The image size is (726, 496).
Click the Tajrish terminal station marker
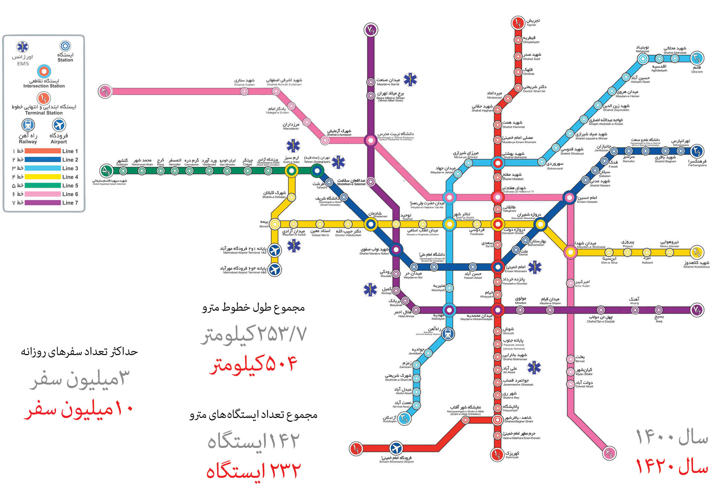pos(517,23)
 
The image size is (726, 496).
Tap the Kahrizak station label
pos(512,455)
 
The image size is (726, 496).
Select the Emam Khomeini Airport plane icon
pos(396,448)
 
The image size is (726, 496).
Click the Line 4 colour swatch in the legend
pos(43,177)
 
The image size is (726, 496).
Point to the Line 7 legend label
pos(70,203)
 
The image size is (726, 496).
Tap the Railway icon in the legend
pos(28,125)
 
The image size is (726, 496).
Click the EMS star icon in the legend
pos(23,46)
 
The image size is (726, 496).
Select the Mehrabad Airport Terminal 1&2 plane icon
pos(275,250)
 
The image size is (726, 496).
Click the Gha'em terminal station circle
pos(697,58)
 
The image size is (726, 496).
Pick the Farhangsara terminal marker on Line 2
pos(697,151)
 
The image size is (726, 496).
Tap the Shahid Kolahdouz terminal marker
pos(697,252)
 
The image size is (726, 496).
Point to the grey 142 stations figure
pos(253,441)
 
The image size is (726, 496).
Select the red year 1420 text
pos(672,466)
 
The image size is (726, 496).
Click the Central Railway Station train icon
pos(448,333)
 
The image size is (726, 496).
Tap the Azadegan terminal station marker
pos(404,419)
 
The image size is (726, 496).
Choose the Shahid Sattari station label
pos(244,82)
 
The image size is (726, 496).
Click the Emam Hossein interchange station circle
pos(569,197)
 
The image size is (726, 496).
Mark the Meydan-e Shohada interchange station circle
pos(570,252)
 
